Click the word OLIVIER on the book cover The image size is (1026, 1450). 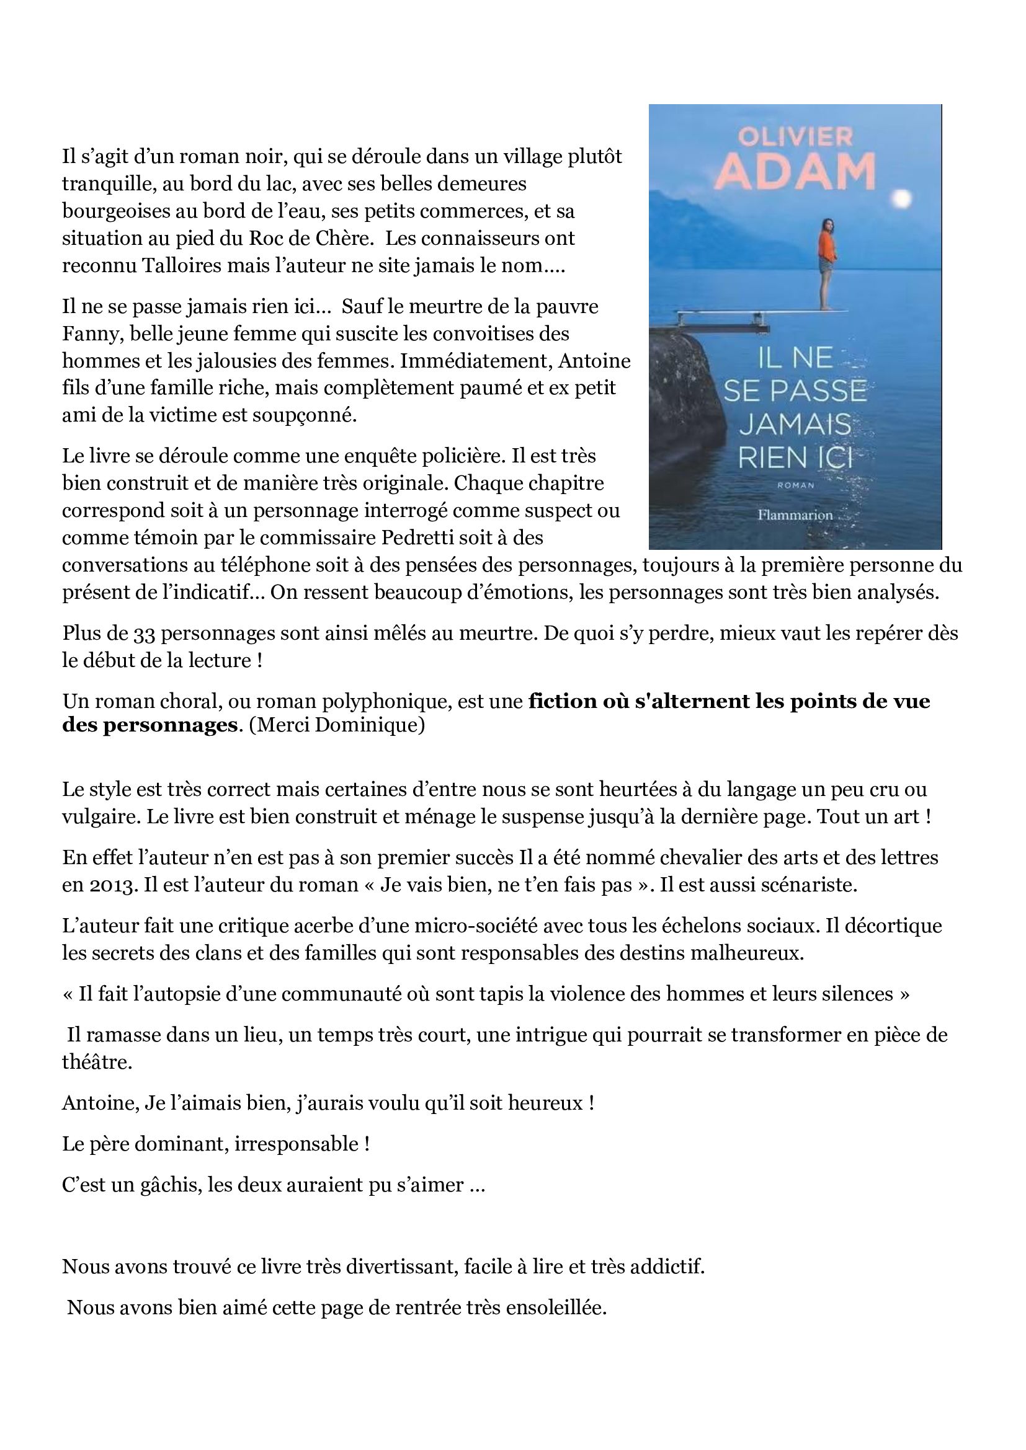(795, 136)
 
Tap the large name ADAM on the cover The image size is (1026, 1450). (796, 171)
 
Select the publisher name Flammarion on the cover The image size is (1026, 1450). (795, 515)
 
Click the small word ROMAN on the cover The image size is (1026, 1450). (794, 485)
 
